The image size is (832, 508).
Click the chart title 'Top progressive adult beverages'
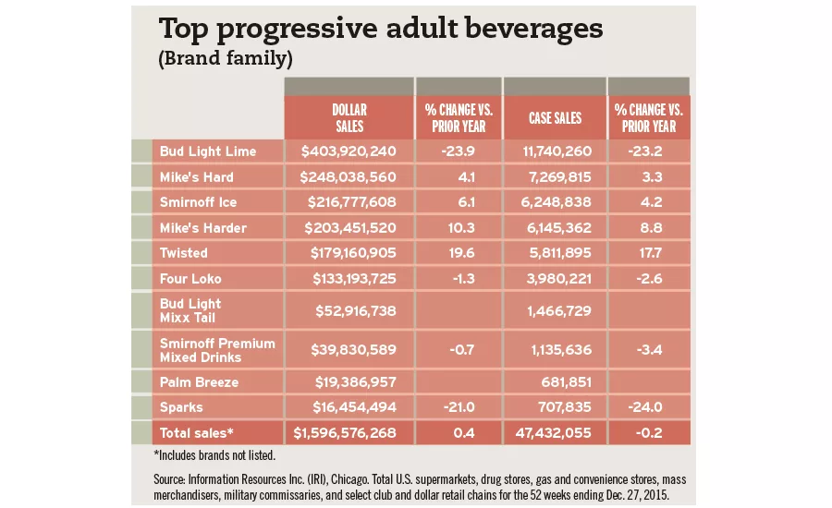click(381, 29)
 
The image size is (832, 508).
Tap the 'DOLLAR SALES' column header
click(349, 118)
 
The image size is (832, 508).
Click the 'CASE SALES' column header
click(555, 118)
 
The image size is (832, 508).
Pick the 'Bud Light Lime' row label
click(208, 151)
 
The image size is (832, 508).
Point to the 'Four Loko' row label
click(190, 278)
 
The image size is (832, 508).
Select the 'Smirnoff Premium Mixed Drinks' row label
click(217, 350)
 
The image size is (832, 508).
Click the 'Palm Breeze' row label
click(199, 381)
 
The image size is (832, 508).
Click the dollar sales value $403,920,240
click(349, 151)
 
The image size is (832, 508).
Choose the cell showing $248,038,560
click(349, 176)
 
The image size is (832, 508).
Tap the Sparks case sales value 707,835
click(568, 405)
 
